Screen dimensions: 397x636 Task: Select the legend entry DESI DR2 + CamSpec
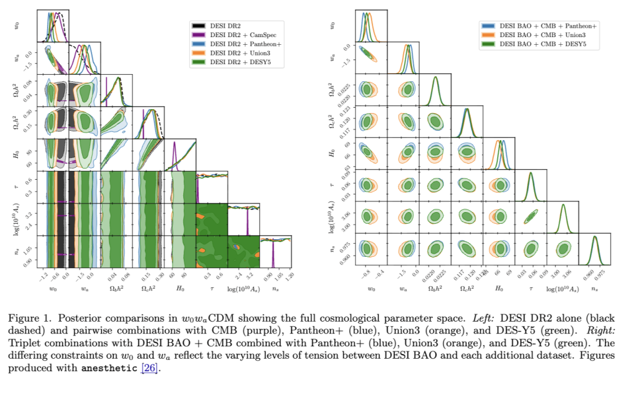coord(239,35)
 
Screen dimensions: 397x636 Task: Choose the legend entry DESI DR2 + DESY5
coord(236,61)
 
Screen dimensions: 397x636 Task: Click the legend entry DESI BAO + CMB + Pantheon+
coord(548,27)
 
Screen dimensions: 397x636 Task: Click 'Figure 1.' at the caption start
coord(28,317)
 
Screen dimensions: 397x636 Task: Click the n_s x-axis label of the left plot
coord(276,289)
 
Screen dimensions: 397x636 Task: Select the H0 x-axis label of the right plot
coord(499,289)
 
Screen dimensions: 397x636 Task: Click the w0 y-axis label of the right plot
coord(333,26)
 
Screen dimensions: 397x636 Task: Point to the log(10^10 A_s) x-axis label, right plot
coord(562,289)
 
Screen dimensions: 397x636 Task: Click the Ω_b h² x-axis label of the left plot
coord(117,289)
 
